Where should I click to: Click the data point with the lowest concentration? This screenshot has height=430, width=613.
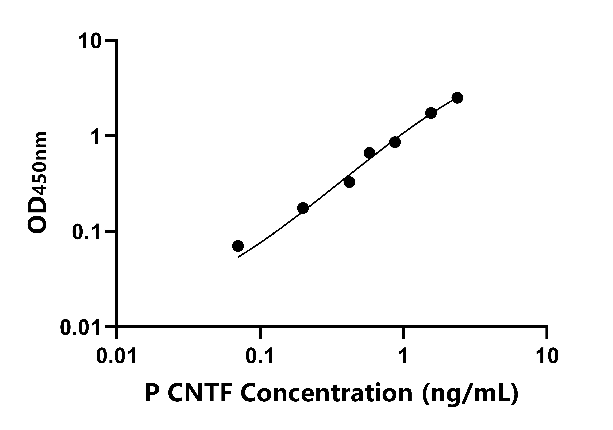click(x=238, y=246)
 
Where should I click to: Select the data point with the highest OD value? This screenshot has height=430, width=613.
click(x=457, y=98)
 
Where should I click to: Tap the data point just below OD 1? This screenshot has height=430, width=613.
click(x=395, y=142)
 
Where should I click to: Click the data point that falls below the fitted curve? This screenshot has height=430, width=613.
click(x=349, y=182)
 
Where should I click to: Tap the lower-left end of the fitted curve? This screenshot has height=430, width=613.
click(x=238, y=257)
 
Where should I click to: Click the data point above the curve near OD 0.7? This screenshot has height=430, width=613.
click(x=369, y=153)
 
